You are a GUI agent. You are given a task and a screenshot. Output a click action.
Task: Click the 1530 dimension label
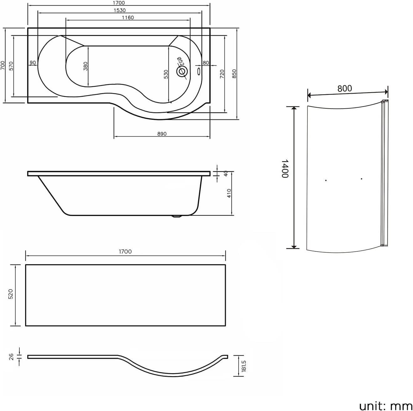(119, 10)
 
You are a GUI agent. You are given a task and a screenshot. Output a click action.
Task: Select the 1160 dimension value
(128, 18)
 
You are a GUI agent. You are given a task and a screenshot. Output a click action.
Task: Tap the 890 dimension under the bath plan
(162, 134)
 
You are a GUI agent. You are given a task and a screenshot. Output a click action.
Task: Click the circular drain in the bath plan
(181, 71)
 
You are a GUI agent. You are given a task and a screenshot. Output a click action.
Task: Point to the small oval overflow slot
(199, 71)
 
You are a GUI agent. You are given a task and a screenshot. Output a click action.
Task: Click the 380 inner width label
(86, 66)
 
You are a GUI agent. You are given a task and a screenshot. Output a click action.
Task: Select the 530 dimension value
(166, 74)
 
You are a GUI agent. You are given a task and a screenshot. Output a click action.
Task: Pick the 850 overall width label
(235, 74)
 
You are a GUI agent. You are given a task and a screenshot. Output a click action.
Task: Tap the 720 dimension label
(222, 74)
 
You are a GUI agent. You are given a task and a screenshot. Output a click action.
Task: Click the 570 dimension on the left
(11, 66)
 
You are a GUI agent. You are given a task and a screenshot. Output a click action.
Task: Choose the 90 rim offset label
(33, 63)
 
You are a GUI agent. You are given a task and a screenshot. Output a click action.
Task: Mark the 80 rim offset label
(206, 63)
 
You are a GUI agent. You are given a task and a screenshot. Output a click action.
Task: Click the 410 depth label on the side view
(229, 193)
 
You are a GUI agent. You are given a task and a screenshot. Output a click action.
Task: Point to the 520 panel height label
(10, 295)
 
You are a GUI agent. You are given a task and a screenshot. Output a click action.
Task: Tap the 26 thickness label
(11, 356)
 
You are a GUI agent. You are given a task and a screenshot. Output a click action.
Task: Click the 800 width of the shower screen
(344, 89)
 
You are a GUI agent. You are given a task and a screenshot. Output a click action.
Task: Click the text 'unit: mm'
(385, 406)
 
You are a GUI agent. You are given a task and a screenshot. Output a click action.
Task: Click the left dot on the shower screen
(326, 180)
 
